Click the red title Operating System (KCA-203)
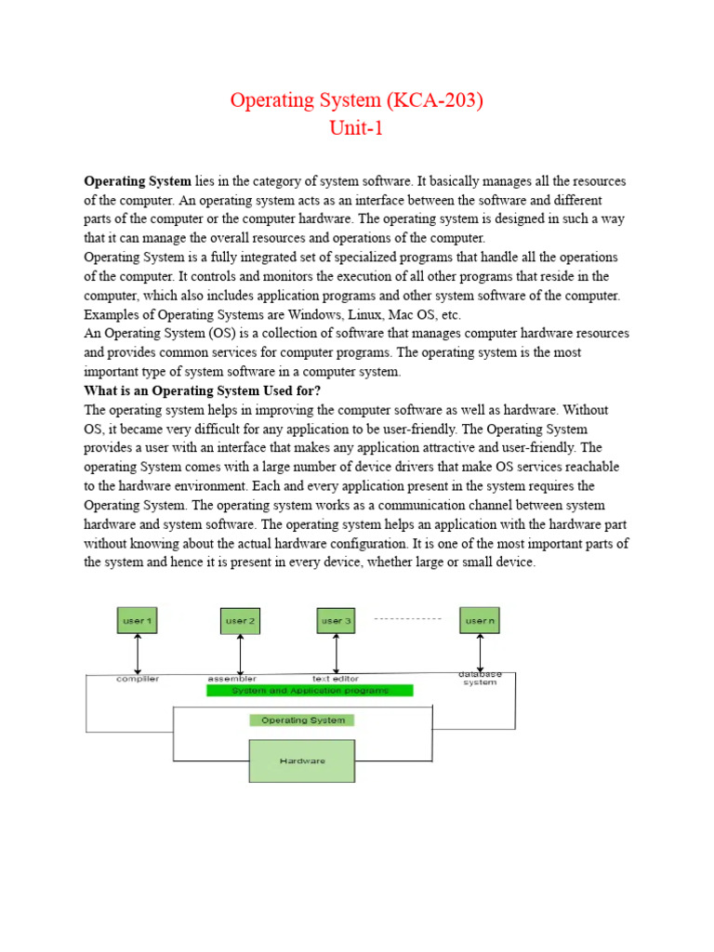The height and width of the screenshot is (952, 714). click(x=356, y=100)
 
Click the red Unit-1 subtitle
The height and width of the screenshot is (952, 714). click(x=356, y=128)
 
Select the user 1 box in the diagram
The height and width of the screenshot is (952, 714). click(x=138, y=620)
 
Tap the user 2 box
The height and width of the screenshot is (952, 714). click(x=240, y=620)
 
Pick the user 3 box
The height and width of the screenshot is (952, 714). click(x=337, y=620)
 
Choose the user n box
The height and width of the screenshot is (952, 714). click(x=480, y=620)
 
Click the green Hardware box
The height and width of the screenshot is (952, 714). click(x=302, y=760)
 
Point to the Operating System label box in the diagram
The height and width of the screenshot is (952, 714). click(x=302, y=720)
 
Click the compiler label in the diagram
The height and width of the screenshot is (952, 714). click(x=138, y=679)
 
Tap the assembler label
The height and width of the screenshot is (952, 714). click(x=232, y=679)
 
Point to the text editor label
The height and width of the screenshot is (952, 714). click(x=336, y=679)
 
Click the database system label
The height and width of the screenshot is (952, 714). click(x=480, y=678)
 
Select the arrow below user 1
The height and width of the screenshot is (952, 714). click(x=138, y=653)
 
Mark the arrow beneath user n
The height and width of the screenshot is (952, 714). click(x=480, y=651)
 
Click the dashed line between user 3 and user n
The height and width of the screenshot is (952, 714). click(x=407, y=618)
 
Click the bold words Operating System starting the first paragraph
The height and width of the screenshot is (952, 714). click(x=138, y=180)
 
